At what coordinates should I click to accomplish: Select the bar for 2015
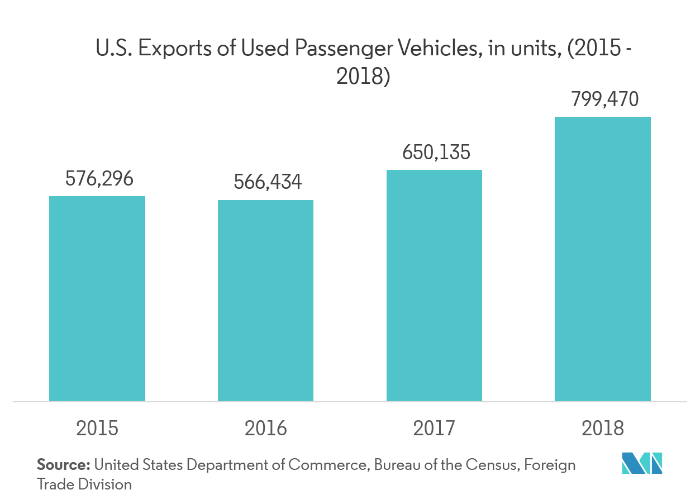point(97,298)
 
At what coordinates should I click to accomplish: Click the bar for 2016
point(265,301)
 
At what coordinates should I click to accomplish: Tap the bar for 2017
point(434,286)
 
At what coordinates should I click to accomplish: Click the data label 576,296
point(99,179)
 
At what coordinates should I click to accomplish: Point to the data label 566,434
point(268,182)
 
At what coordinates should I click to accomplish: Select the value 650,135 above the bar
point(436,153)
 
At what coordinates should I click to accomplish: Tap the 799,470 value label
point(604,100)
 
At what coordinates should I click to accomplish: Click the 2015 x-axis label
point(97,429)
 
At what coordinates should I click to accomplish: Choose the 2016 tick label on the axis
point(265,429)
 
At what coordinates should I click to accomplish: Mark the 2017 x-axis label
point(434,429)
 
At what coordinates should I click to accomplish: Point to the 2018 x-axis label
point(603,429)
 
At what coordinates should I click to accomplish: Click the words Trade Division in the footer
point(84,484)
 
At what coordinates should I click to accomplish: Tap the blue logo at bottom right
point(642,464)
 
